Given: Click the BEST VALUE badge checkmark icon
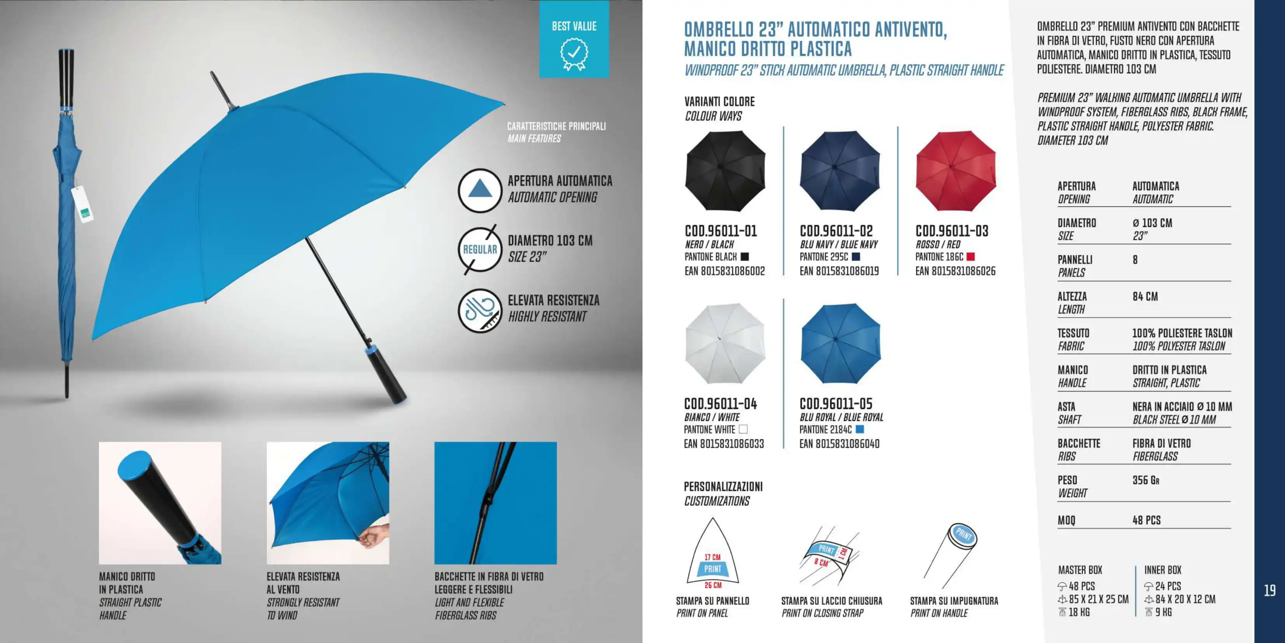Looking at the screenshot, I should [x=574, y=53].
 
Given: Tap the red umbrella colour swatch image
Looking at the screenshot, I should [x=955, y=170].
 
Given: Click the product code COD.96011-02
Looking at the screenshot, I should [x=836, y=231].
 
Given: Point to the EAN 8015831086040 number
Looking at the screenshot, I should [x=839, y=444].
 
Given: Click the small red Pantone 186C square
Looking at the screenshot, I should [x=970, y=257].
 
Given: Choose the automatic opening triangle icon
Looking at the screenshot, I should [x=480, y=190].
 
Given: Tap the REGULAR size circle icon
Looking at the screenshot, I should [x=480, y=250].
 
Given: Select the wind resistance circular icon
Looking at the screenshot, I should [x=480, y=310].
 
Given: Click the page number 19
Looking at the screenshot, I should [x=1269, y=591].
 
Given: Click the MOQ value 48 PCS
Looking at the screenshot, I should [x=1146, y=520].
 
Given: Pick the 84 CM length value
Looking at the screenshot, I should [x=1145, y=297].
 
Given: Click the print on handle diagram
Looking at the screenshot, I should [x=950, y=554].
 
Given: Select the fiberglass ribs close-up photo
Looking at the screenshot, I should [x=495, y=503].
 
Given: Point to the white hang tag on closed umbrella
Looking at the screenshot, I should [x=82, y=204].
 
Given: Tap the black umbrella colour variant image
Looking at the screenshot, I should [x=725, y=170].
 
